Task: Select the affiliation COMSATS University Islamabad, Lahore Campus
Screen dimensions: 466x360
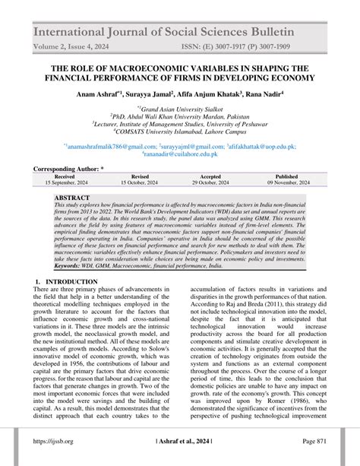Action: pos(180,130)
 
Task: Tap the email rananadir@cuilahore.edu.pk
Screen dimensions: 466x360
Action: pos(179,154)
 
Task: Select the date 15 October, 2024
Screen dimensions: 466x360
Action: pos(140,183)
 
